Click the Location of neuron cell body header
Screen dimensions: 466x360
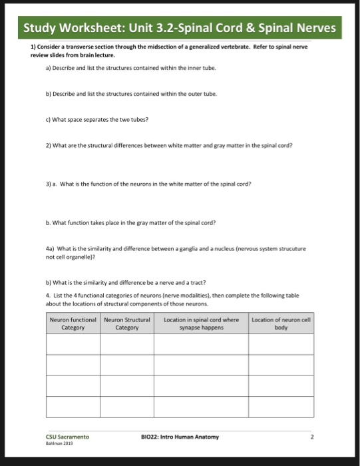[282, 324]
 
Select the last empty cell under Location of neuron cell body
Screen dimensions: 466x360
[282, 406]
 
